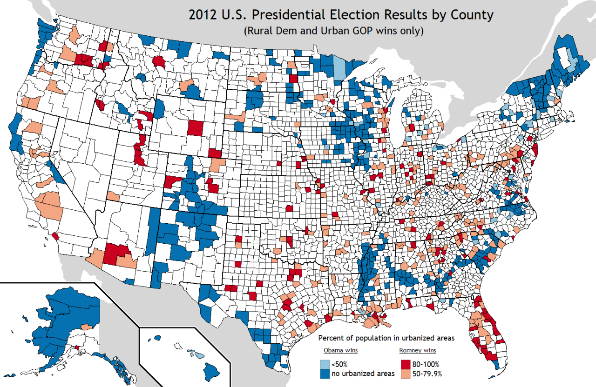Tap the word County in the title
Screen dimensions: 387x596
tap(471, 15)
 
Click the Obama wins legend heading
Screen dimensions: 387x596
tap(338, 350)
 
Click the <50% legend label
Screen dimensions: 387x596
tap(339, 364)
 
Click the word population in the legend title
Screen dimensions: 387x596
tap(367, 338)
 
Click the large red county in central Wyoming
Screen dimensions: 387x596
tap(196, 127)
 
